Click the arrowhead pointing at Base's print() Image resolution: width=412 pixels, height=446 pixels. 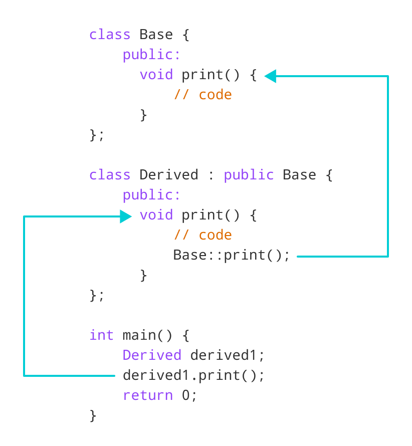click(x=270, y=76)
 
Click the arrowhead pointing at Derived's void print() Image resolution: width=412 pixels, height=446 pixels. click(x=126, y=216)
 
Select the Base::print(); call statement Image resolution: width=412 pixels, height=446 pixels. click(x=232, y=255)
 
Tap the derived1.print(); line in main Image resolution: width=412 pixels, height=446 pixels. click(x=193, y=375)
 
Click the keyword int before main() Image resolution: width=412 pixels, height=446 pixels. click(x=101, y=335)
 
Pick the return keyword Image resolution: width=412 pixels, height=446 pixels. click(x=148, y=395)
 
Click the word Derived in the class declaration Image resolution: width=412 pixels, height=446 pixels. click(x=168, y=175)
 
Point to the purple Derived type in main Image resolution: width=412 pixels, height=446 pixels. click(x=152, y=355)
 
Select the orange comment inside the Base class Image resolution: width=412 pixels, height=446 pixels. click(x=203, y=95)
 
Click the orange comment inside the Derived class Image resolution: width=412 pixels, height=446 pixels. click(x=203, y=235)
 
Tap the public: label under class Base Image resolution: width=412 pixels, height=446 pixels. click(x=151, y=55)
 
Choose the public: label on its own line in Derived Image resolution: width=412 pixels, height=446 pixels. click(x=151, y=195)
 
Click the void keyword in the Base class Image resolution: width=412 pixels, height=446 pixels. click(x=156, y=75)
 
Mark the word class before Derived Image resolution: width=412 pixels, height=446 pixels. click(x=110, y=175)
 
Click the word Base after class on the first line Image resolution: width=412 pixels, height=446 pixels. click(x=156, y=35)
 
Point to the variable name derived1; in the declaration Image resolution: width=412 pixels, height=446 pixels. click(x=227, y=355)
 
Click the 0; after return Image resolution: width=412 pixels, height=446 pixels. click(x=189, y=395)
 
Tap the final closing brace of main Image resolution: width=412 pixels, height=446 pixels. click(x=93, y=415)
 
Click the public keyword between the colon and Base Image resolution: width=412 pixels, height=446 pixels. click(x=249, y=175)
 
